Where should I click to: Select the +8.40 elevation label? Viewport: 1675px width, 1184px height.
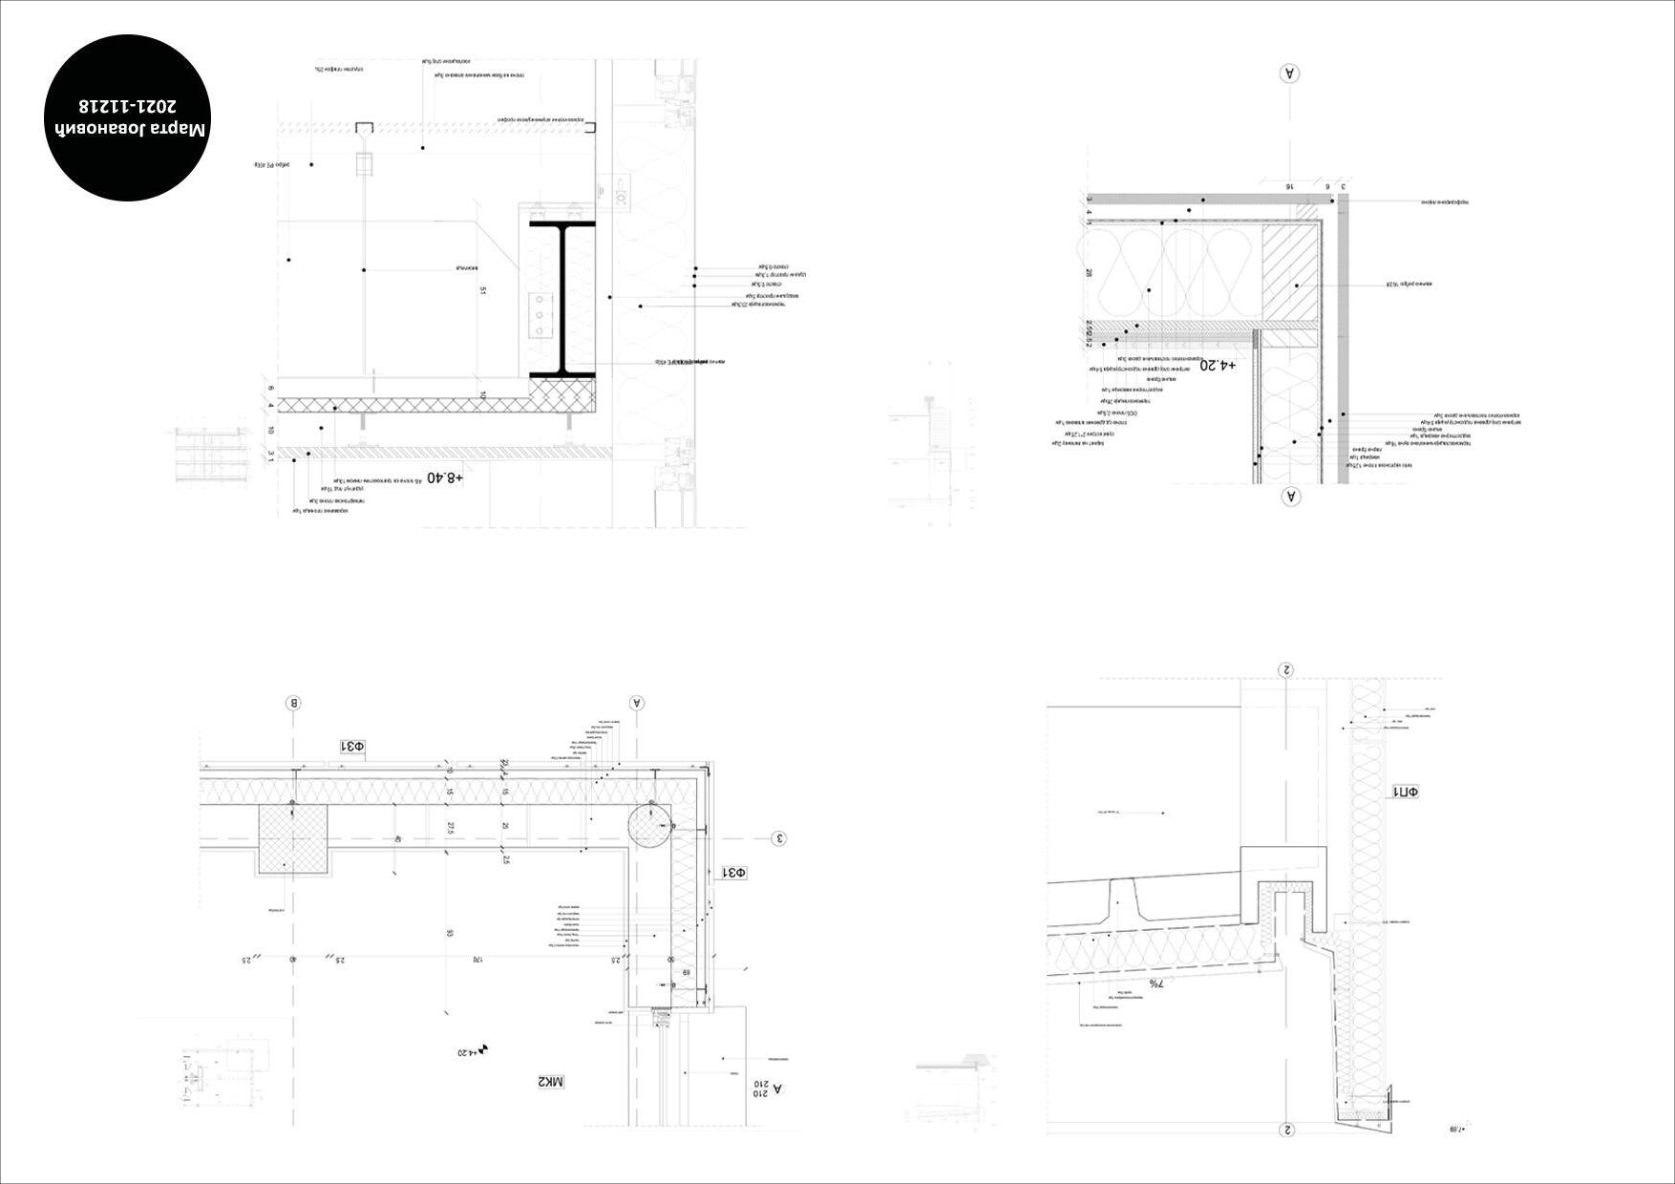pos(445,476)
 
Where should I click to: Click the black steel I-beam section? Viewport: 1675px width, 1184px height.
pos(563,299)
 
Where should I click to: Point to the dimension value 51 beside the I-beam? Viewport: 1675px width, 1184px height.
pos(483,290)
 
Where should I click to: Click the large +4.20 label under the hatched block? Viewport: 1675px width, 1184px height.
pos(1218,365)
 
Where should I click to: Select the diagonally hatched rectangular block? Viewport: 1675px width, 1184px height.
pos(1289,273)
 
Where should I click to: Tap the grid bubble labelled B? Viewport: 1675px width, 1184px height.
pos(294,704)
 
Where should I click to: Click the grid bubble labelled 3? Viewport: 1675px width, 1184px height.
pos(779,839)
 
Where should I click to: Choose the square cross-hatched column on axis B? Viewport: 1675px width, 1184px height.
pos(292,838)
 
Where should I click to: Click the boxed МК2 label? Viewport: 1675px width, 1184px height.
pos(551,1082)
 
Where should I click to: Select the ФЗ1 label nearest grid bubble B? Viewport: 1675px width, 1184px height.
pos(353,746)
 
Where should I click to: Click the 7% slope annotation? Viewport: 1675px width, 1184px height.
pos(1156,983)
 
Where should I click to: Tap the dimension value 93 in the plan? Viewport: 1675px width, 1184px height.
pos(449,933)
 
